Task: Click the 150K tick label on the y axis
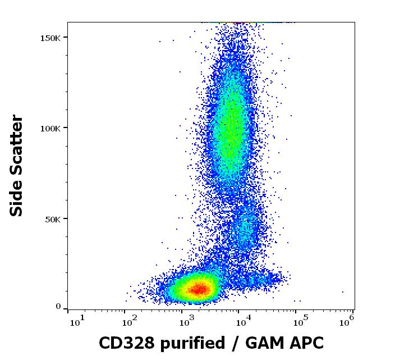[50, 38]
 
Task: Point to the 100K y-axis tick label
[50, 128]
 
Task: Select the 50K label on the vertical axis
[53, 218]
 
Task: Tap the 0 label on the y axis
[58, 307]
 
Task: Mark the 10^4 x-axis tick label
[242, 321]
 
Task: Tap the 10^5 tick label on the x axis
[298, 321]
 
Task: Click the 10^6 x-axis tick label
[347, 321]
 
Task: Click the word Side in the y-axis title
[17, 198]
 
